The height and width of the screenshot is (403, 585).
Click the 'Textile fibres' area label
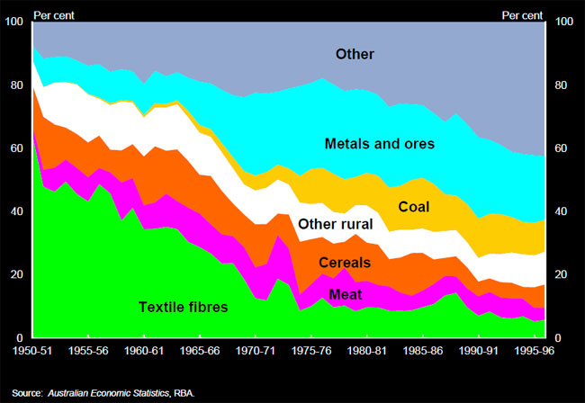click(x=184, y=307)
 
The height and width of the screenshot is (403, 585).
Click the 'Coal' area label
click(x=413, y=207)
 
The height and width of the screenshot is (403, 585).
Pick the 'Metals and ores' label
click(x=379, y=144)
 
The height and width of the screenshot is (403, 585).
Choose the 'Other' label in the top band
click(x=355, y=55)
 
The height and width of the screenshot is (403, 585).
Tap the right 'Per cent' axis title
click(x=521, y=15)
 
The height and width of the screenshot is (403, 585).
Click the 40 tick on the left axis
click(x=16, y=211)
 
